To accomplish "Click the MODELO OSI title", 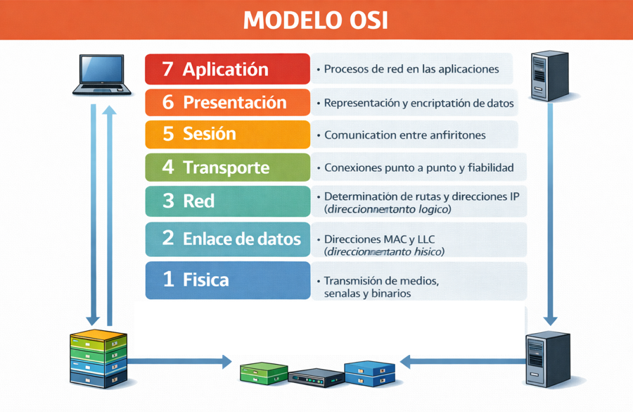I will (x=316, y=20).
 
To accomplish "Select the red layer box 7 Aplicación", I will (x=227, y=69).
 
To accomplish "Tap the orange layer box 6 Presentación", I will (x=227, y=102).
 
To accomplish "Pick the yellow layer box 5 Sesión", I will (x=227, y=134).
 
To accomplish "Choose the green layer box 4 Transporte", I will (x=227, y=168).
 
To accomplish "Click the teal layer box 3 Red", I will (x=227, y=201).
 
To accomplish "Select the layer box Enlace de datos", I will (x=227, y=238).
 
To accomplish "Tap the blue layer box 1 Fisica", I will (x=227, y=280).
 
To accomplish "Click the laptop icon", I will (x=103, y=75).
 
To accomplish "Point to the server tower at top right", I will (x=549, y=75).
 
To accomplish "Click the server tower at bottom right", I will (x=547, y=358).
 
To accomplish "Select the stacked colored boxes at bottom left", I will (x=98, y=358).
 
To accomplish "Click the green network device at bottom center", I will (x=264, y=373).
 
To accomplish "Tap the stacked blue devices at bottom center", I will (x=369, y=373).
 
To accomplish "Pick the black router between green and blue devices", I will (x=316, y=377).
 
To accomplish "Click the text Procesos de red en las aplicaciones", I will (x=411, y=69).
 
